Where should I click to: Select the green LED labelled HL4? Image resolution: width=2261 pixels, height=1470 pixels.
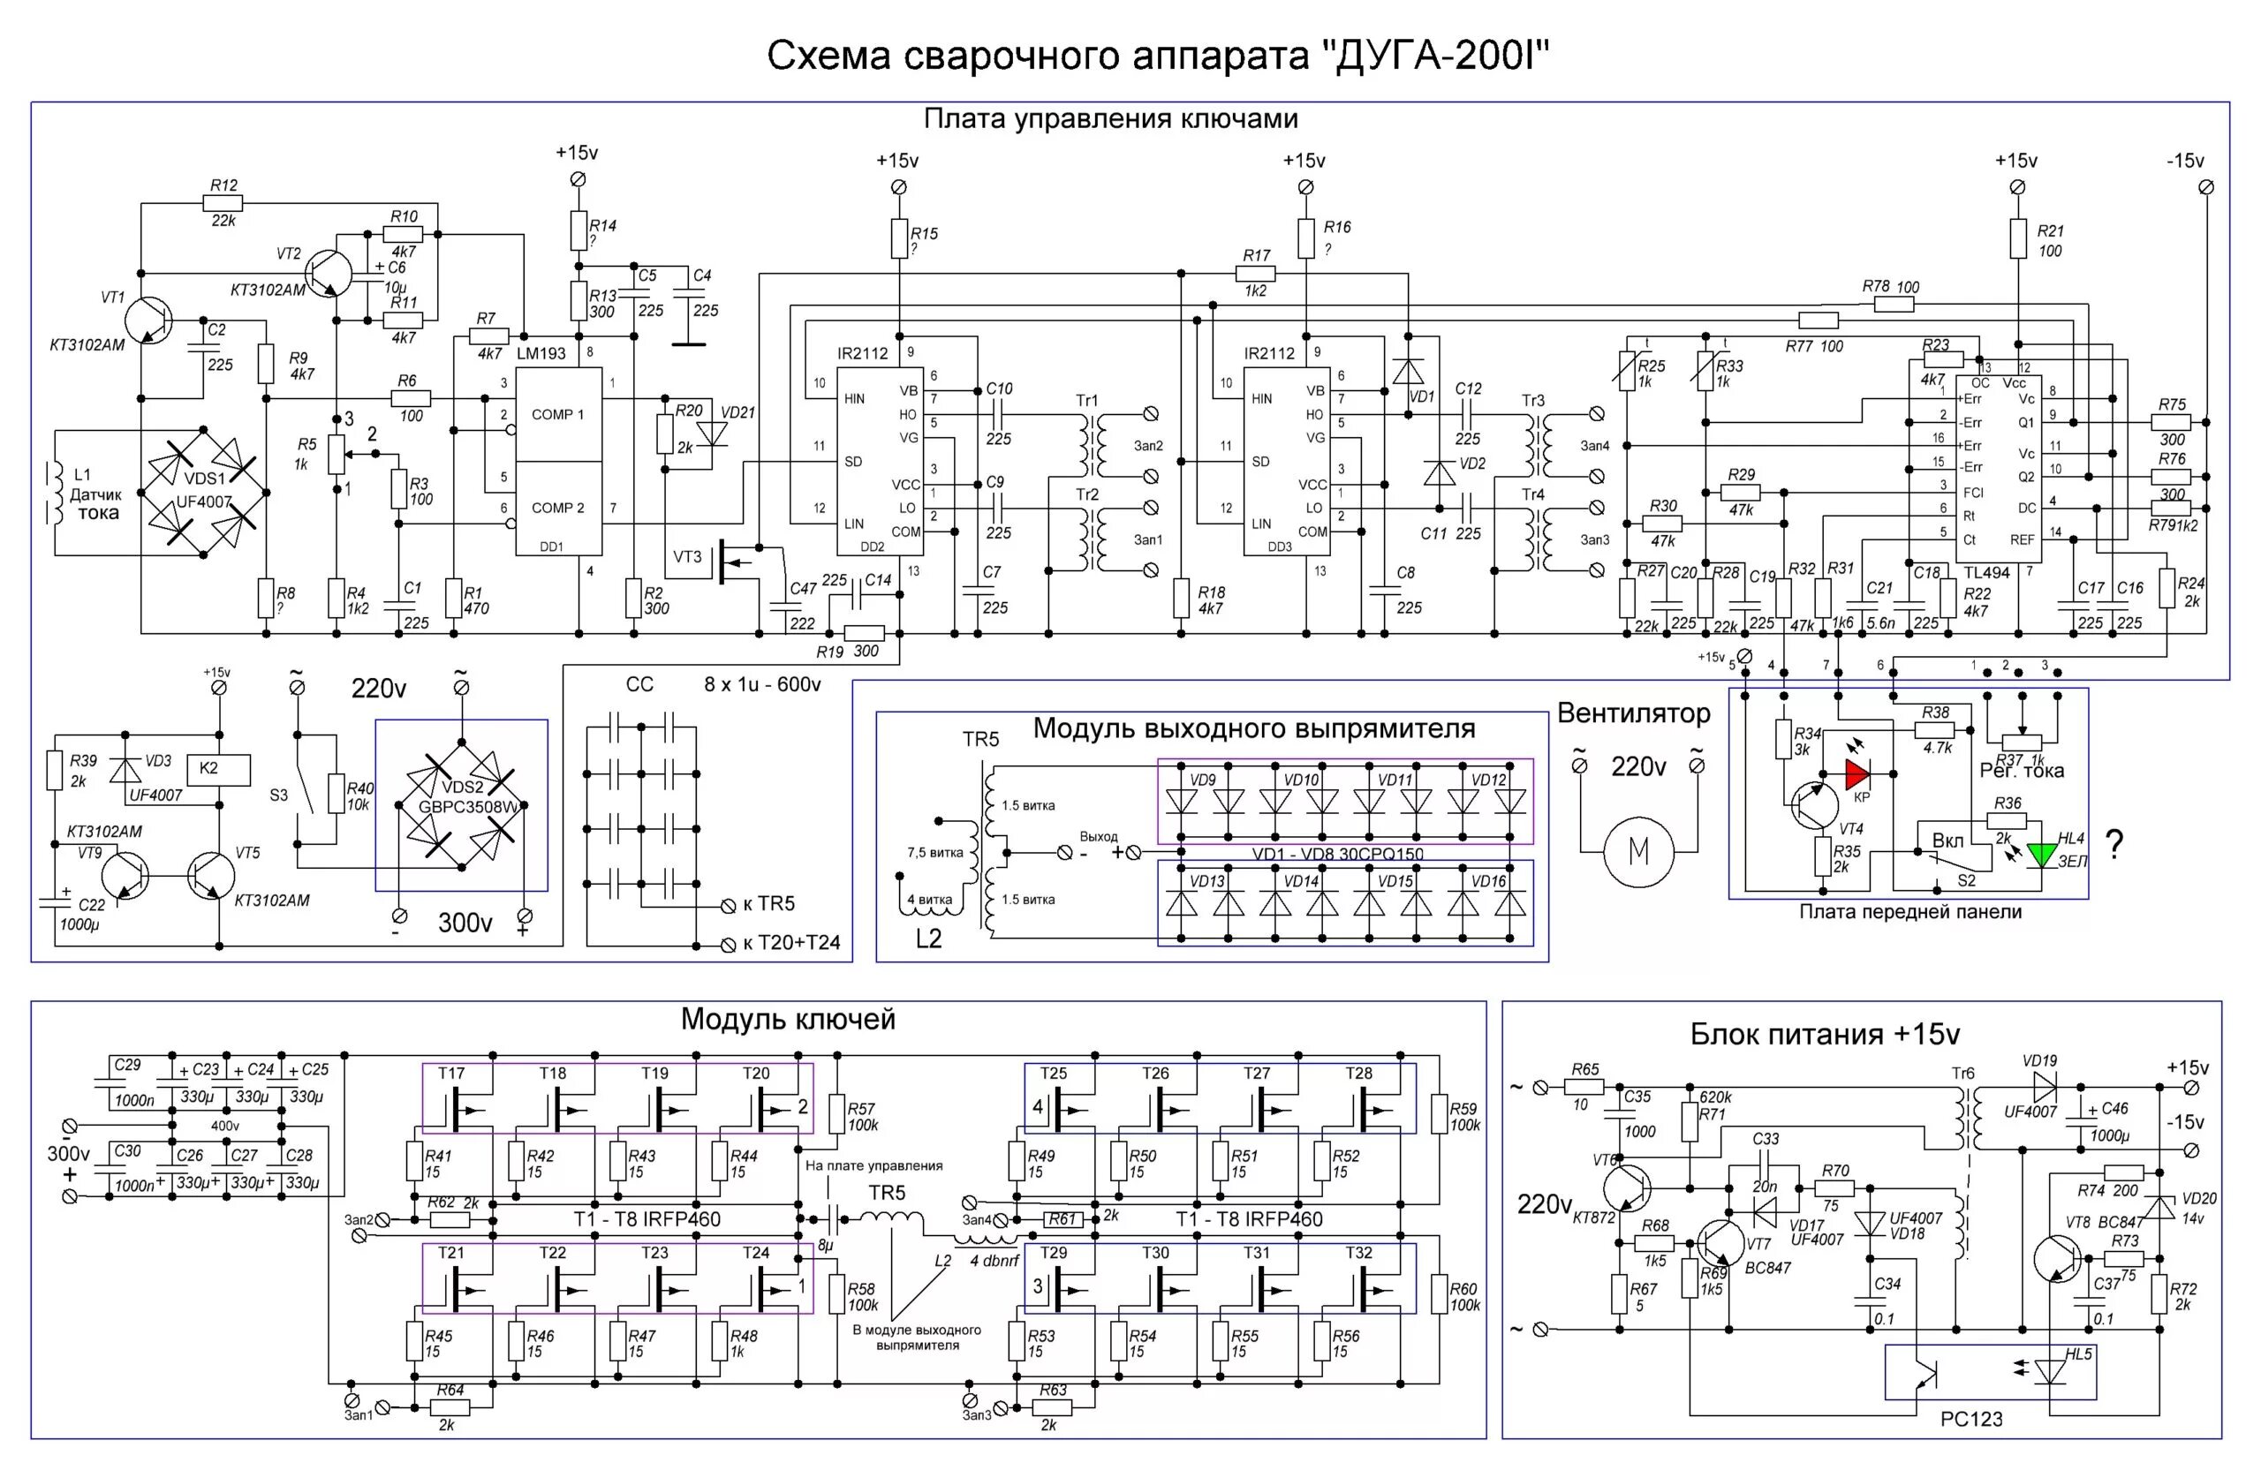2040,854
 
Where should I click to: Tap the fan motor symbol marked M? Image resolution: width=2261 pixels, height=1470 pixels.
1637,852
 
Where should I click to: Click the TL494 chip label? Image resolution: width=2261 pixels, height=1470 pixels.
1987,573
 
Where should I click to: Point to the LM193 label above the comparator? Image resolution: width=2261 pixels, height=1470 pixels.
541,353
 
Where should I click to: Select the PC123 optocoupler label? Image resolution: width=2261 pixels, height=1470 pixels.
1971,1419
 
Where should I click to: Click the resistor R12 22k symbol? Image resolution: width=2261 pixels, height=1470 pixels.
223,202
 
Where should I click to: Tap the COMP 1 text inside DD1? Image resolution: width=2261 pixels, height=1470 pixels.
557,414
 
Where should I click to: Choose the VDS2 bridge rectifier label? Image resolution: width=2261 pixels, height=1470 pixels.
462,787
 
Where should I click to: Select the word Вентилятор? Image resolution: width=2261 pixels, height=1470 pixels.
1633,713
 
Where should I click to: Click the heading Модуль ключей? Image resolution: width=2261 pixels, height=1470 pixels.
788,1019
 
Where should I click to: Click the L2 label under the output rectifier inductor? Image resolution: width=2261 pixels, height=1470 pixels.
928,939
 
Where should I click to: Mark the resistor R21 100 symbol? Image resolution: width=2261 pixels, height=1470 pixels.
2017,239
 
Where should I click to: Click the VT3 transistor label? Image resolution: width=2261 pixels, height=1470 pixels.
687,556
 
